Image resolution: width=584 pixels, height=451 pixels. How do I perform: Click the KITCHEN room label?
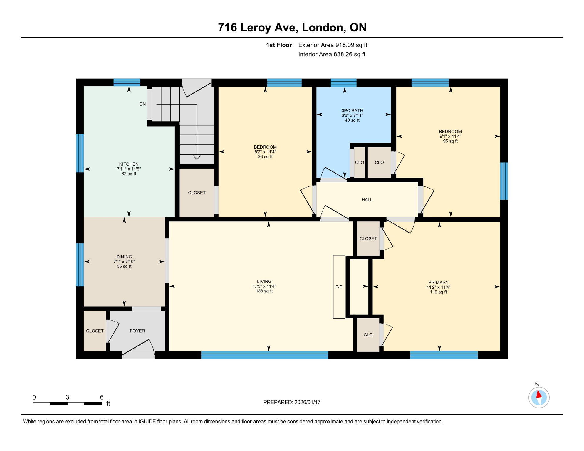129,164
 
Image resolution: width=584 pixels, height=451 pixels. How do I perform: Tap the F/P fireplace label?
339,287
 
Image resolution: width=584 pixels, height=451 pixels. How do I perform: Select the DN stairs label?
142,104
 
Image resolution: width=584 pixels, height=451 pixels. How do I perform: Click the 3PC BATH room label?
352,110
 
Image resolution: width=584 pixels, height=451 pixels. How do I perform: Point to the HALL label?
367,200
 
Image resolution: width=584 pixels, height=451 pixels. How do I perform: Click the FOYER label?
137,331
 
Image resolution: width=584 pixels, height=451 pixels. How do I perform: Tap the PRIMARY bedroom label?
438,282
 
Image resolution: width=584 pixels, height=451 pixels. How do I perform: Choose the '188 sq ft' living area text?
264,291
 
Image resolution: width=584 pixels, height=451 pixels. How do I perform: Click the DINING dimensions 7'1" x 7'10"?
124,262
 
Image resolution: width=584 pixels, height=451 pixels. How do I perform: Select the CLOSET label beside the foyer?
95,331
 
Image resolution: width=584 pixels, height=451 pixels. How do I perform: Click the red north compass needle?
539,394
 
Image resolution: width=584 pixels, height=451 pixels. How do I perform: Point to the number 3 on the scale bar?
67,397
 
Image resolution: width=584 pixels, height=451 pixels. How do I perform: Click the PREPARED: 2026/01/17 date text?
292,402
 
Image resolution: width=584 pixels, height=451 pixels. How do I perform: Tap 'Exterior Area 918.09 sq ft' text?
333,45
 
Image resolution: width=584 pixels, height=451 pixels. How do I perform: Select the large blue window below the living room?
264,355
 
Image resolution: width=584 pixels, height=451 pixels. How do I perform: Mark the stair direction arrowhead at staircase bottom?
197,158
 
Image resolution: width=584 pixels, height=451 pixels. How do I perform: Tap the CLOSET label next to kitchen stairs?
197,193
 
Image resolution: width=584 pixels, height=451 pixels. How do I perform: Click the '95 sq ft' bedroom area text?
450,141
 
